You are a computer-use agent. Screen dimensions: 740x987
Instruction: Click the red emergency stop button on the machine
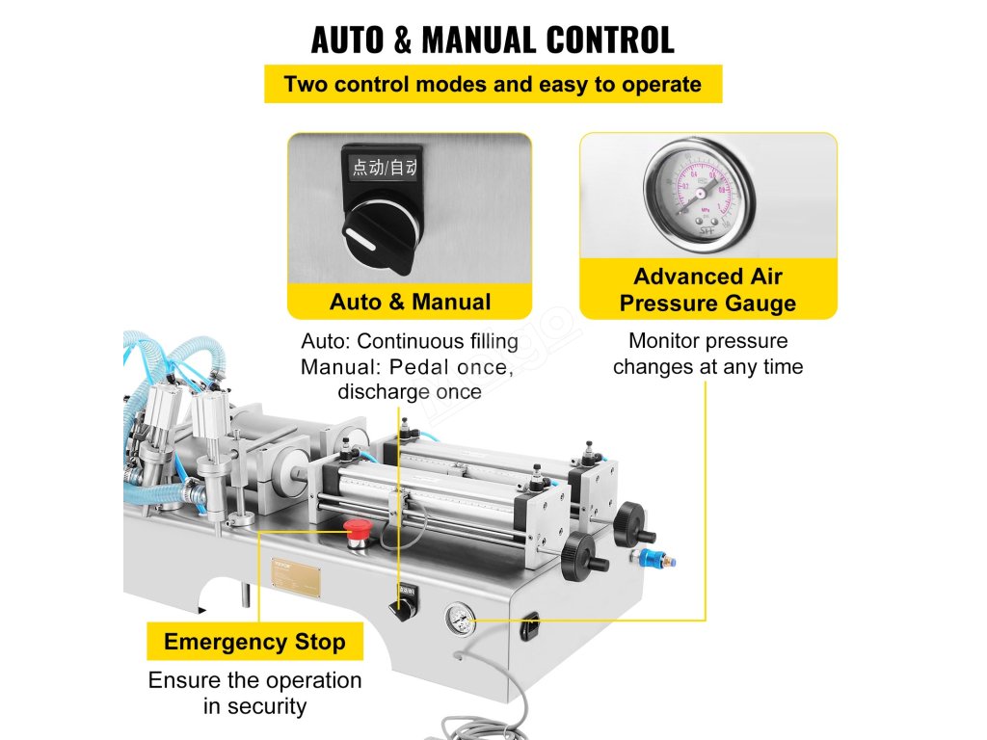[356, 529]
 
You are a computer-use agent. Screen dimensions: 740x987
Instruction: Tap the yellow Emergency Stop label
[254, 642]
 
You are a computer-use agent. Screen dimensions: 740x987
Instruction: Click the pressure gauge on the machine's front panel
[461, 620]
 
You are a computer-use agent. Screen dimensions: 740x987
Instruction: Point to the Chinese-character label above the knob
[384, 168]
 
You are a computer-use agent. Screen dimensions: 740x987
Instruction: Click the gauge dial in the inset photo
[699, 191]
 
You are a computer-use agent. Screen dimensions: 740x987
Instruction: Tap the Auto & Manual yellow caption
[410, 302]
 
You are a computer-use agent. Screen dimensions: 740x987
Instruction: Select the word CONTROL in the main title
[610, 40]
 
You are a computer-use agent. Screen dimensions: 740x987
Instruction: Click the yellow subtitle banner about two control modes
[493, 84]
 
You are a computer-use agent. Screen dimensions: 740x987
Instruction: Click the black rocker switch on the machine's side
[529, 629]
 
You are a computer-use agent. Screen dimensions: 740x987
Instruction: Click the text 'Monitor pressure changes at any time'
[707, 354]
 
